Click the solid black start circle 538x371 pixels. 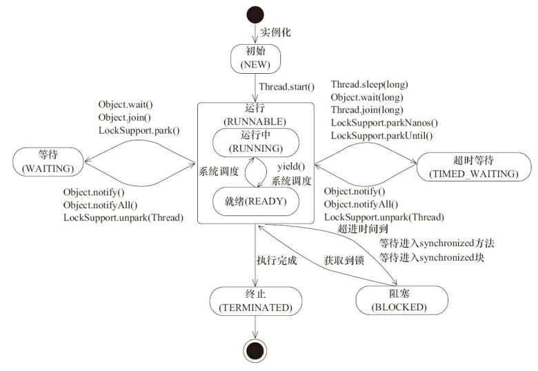[255, 15]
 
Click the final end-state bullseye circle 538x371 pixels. [255, 351]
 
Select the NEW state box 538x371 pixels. [256, 59]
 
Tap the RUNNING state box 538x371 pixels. [256, 143]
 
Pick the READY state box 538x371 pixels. [256, 201]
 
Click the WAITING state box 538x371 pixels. [48, 162]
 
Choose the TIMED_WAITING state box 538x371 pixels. [473, 167]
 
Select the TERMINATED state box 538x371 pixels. [256, 301]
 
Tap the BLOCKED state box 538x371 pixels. [402, 301]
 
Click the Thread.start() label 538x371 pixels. [286, 87]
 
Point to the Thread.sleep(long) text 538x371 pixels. [369, 84]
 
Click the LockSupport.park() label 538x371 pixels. [139, 130]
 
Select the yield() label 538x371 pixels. [291, 167]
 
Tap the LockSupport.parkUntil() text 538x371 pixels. [381, 135]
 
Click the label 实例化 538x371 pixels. [275, 32]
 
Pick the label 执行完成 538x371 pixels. [277, 261]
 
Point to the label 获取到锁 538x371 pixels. [343, 261]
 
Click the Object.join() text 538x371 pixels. [125, 117]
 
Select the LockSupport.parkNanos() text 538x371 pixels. [384, 123]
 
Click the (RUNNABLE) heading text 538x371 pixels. [255, 122]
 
